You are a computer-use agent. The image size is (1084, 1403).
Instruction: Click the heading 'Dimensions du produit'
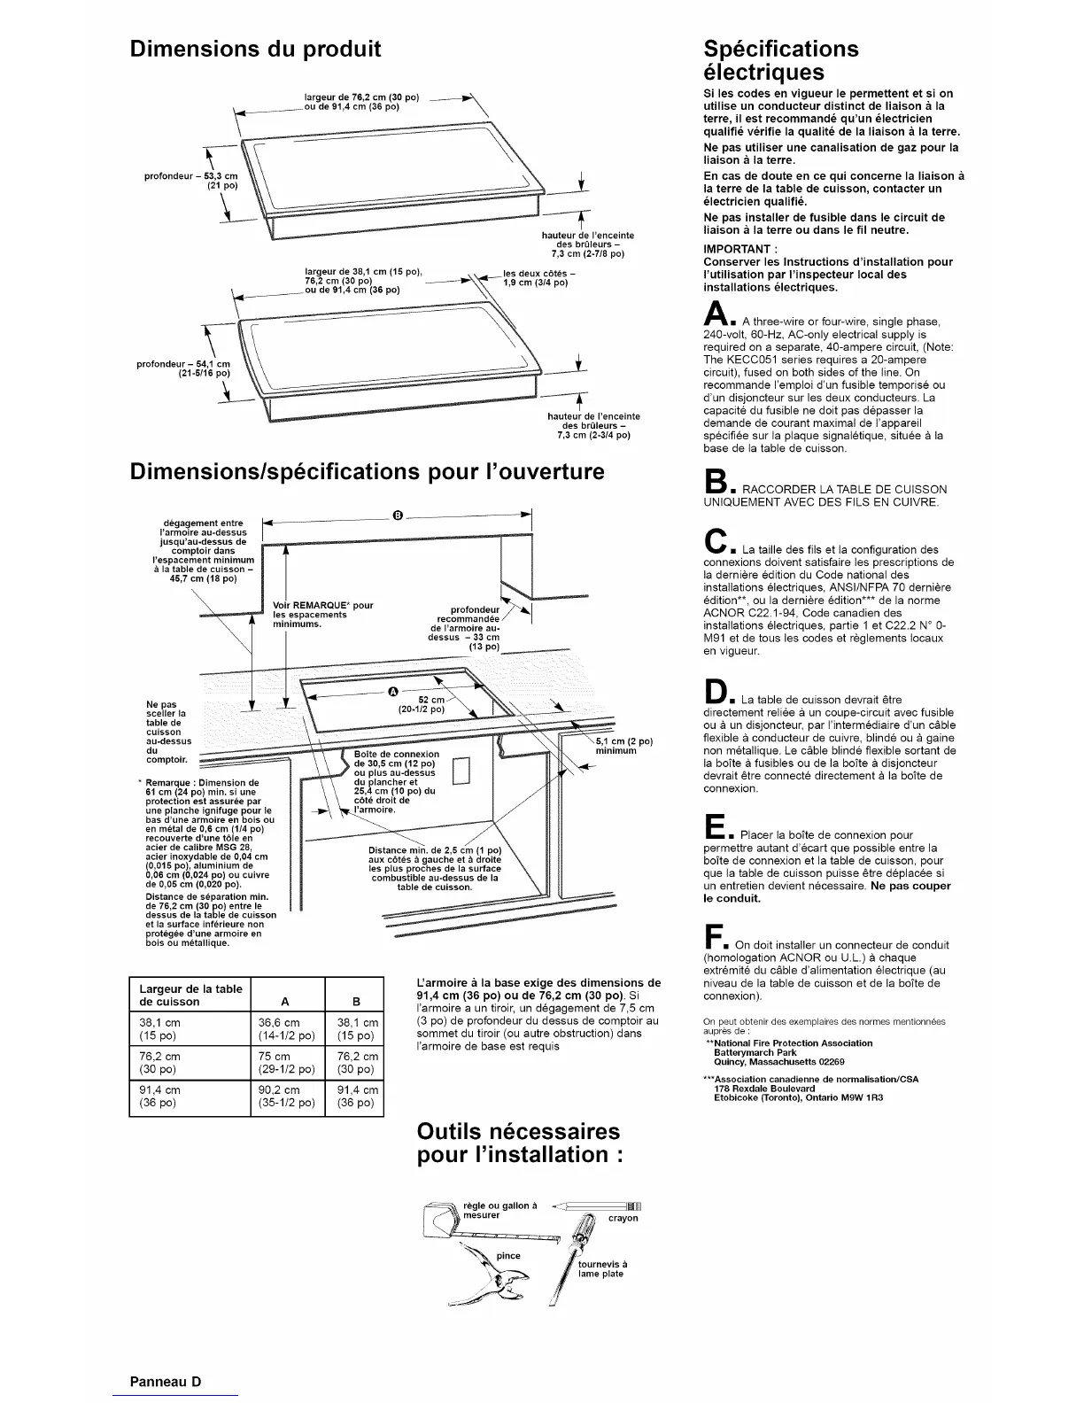point(255,49)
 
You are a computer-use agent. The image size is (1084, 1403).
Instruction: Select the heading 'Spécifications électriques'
point(780,60)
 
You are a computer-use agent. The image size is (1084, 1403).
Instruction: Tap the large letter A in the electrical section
point(714,314)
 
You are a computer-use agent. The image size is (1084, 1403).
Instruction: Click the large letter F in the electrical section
point(713,937)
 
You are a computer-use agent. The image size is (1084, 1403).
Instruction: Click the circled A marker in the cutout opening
point(394,691)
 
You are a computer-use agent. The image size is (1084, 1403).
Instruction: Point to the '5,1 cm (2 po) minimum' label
point(623,746)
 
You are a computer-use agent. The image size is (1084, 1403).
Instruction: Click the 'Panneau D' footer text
point(166,1381)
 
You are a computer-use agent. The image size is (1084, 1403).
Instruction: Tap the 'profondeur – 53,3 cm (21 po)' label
point(191,182)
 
